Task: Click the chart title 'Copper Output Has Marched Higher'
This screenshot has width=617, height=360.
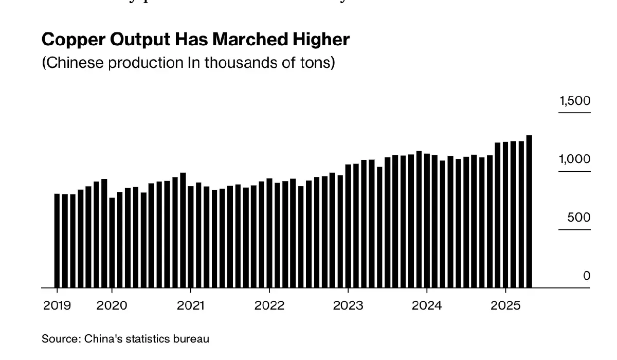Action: point(195,40)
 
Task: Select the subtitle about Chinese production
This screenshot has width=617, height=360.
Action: point(188,63)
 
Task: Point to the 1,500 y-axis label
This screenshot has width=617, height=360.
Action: point(575,101)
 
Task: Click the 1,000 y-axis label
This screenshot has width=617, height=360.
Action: point(575,159)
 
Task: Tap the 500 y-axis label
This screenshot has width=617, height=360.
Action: point(579,218)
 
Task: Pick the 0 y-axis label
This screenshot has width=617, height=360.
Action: point(587,276)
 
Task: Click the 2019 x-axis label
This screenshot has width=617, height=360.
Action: point(58,305)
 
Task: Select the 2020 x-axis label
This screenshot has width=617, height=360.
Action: point(112,305)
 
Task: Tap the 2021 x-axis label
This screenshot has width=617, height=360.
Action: point(190,305)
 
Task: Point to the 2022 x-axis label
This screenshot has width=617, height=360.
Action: point(269,305)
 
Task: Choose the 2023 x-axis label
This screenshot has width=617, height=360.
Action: point(348,305)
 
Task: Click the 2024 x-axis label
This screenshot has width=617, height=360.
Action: point(427,305)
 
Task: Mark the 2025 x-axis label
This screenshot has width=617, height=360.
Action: point(505,305)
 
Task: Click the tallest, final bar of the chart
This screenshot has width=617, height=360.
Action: point(529,211)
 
